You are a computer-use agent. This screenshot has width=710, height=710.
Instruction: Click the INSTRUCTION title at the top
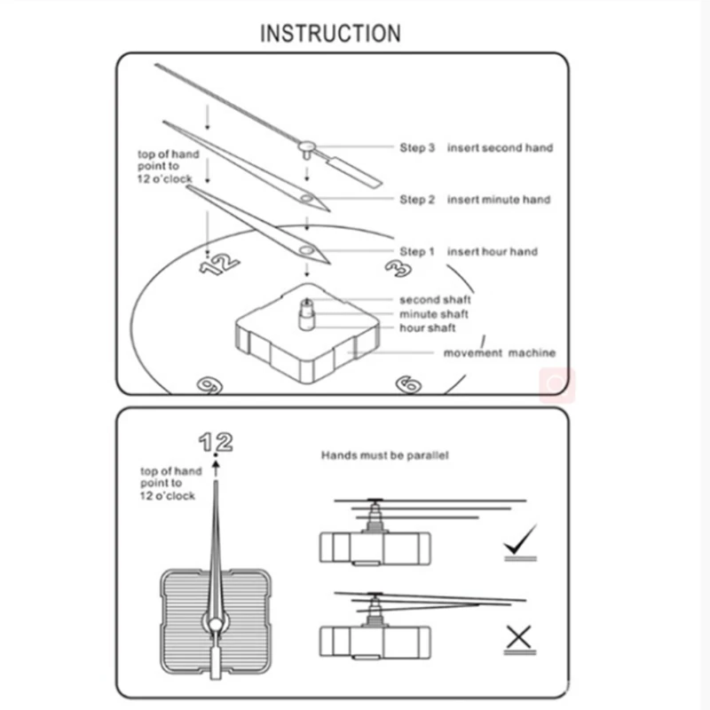click(x=330, y=34)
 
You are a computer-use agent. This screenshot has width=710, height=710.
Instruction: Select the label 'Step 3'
click(x=417, y=147)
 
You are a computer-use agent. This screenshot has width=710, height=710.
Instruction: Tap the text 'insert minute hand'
click(x=499, y=200)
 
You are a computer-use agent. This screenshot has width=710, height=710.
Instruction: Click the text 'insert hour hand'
click(x=493, y=252)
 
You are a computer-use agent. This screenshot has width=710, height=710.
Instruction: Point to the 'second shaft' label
click(x=435, y=300)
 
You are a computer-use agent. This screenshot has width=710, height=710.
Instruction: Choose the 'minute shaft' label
click(x=434, y=314)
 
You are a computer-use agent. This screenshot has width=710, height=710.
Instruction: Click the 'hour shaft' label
click(x=428, y=328)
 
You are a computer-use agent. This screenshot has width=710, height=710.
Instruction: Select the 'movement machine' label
click(x=500, y=353)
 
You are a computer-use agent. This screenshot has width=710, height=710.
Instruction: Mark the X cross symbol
click(x=518, y=637)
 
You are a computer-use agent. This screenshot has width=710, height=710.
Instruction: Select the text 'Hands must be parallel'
click(x=384, y=455)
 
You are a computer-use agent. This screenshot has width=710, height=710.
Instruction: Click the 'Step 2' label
click(x=417, y=200)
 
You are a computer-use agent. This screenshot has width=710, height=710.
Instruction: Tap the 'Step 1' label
click(x=417, y=252)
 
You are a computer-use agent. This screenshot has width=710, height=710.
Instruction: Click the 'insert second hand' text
click(x=500, y=147)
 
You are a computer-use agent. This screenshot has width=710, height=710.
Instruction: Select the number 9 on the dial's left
click(x=209, y=384)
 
